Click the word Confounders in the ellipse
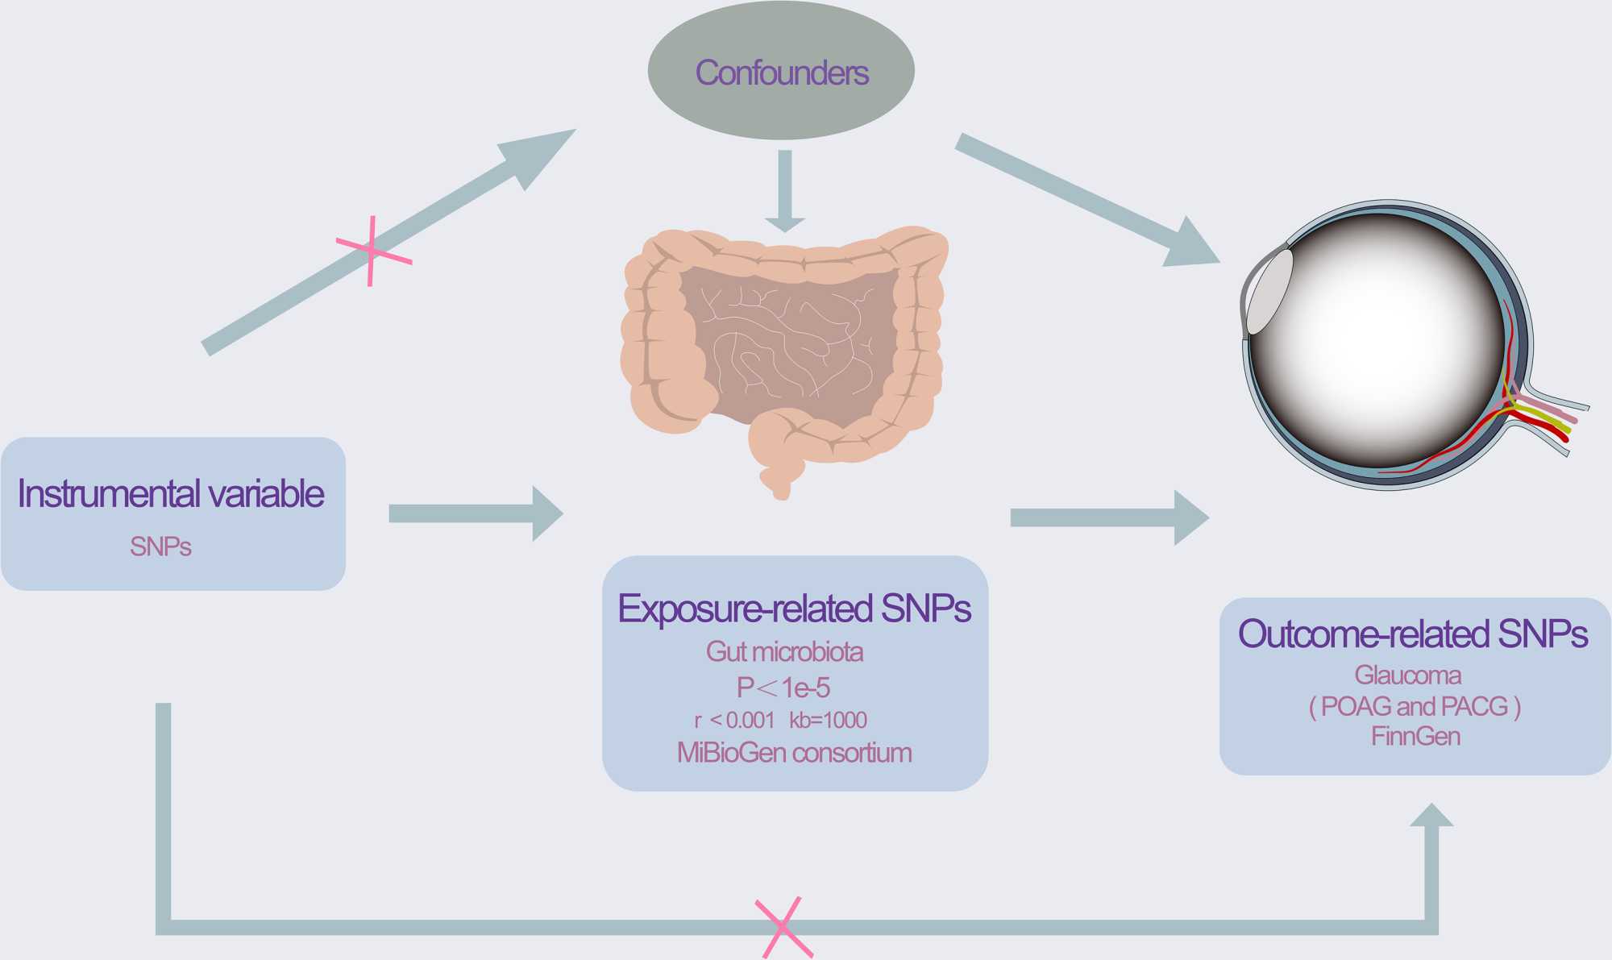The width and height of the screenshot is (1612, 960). pyautogui.click(x=781, y=73)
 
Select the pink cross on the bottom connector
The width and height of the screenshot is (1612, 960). pyautogui.click(x=783, y=927)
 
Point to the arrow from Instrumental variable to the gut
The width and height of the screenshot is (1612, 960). pyautogui.click(x=476, y=513)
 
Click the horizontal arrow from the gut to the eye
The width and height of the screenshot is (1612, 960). pyautogui.click(x=1109, y=517)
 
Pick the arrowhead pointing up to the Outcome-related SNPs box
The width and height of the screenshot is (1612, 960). pyautogui.click(x=1431, y=817)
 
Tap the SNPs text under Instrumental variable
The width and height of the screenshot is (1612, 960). pyautogui.click(x=160, y=547)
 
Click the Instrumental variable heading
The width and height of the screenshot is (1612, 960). pyautogui.click(x=171, y=493)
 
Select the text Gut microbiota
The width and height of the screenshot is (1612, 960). pyautogui.click(x=784, y=651)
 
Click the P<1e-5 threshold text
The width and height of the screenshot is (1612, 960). pyautogui.click(x=783, y=688)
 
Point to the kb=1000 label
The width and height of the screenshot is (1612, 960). pyautogui.click(x=828, y=720)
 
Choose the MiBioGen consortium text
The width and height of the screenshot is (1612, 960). pyautogui.click(x=794, y=753)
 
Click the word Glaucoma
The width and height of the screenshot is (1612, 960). pyautogui.click(x=1407, y=675)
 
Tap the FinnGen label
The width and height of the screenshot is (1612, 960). pyautogui.click(x=1415, y=736)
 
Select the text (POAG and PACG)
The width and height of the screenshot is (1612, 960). pyautogui.click(x=1415, y=706)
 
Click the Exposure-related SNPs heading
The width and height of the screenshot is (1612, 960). pyautogui.click(x=794, y=609)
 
